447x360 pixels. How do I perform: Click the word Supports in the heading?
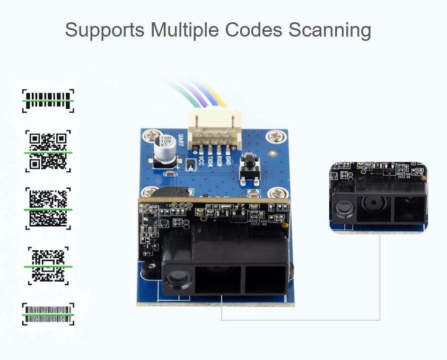click(x=104, y=30)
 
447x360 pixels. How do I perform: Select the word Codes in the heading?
click(x=254, y=30)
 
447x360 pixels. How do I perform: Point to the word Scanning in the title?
click(x=329, y=30)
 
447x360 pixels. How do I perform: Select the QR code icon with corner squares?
click(x=48, y=151)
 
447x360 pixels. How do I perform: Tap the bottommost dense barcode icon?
click(x=48, y=314)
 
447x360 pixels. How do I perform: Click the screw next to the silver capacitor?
click(x=148, y=137)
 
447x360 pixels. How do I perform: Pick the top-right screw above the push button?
click(x=275, y=137)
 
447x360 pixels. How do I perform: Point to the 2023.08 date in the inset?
click(x=405, y=178)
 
